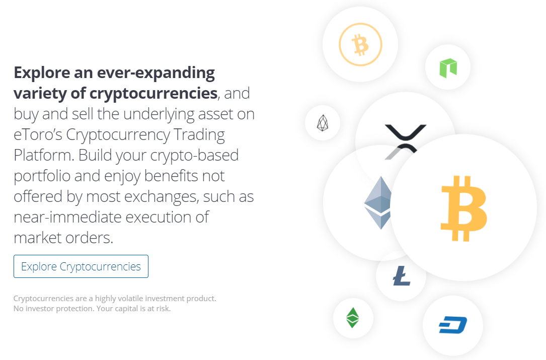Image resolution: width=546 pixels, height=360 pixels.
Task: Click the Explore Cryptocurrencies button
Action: [81, 266]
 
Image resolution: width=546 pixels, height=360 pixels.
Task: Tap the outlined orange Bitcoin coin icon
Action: [360, 45]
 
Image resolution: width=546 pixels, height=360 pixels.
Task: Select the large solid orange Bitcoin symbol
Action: [463, 208]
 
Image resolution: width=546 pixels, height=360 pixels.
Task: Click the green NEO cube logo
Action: [448, 67]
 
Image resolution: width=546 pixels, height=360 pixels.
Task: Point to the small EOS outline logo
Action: [323, 123]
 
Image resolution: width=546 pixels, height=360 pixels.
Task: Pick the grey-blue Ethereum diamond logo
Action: [378, 203]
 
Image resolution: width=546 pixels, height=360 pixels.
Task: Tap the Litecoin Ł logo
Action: [402, 275]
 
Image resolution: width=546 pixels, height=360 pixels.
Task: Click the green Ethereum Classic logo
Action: [353, 318]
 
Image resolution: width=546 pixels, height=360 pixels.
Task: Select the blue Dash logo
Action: [453, 325]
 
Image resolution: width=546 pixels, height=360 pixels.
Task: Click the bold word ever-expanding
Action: [155, 73]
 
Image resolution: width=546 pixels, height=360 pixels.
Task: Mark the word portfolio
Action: [42, 176]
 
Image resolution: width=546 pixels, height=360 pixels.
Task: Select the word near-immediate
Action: [67, 217]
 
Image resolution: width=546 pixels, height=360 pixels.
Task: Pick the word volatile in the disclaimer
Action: [130, 298]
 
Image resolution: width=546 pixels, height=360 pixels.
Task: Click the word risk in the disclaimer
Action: [164, 309]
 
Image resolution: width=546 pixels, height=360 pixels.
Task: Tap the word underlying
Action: [159, 114]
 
